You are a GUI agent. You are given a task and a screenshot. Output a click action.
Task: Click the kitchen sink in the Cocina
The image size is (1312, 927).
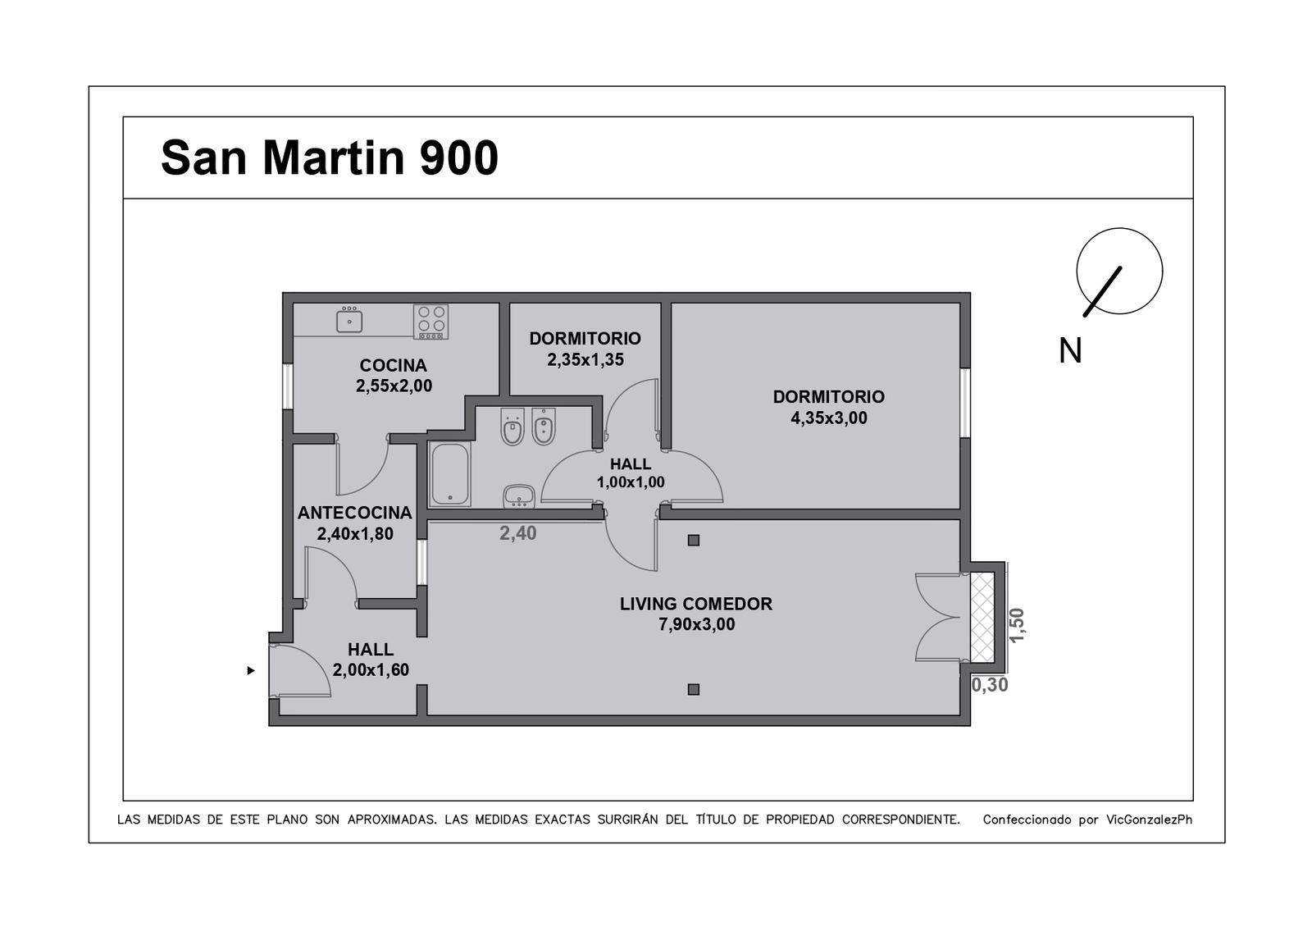point(349,320)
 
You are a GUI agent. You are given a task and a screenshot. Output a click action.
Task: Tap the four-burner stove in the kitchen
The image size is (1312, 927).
point(430,322)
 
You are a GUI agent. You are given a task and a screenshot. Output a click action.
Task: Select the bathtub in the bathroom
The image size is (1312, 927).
point(450,474)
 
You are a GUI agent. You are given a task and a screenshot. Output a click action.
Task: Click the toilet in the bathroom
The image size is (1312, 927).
point(512,427)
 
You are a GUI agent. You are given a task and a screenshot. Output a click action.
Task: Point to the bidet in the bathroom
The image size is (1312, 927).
point(544,427)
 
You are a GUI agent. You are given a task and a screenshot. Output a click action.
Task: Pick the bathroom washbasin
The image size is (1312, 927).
point(519,495)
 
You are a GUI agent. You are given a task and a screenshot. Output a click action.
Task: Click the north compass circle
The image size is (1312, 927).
point(1119,229)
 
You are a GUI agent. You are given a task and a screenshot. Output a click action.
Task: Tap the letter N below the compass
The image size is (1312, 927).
point(1070,350)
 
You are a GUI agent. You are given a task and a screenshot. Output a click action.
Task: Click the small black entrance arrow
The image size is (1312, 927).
point(251,670)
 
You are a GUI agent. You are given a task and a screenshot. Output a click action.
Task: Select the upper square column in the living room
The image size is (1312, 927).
point(694,541)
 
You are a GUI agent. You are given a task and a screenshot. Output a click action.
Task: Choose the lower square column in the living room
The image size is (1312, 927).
point(694,690)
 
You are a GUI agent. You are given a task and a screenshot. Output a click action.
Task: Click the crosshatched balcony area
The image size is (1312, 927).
point(982,617)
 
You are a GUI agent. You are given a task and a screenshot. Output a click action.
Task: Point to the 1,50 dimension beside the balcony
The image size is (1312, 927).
point(1017,624)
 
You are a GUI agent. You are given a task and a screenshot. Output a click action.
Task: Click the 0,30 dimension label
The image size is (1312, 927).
point(990,685)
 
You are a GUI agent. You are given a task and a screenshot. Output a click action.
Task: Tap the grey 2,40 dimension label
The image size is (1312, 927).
point(517,533)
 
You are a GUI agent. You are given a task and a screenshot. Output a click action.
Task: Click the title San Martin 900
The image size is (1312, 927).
point(329,158)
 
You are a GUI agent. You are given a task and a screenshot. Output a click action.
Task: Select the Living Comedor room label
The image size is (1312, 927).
point(696,604)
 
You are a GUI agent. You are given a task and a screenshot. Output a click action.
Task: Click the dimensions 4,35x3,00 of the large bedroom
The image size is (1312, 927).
point(829,418)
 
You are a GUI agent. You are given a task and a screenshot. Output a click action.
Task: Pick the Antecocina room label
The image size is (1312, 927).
point(355,513)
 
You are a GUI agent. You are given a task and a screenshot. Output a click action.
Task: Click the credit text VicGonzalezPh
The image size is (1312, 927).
point(1149,820)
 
